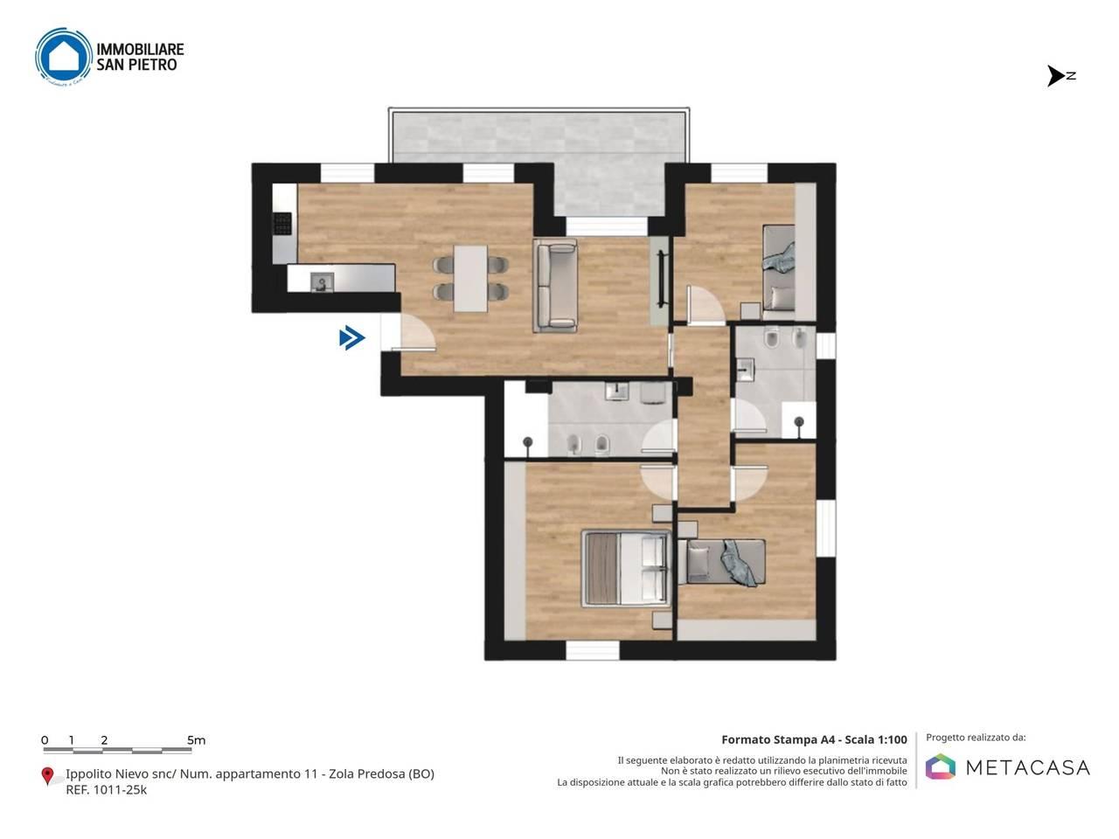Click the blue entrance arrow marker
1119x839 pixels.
tap(351, 337)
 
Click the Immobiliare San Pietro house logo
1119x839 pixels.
tap(63, 56)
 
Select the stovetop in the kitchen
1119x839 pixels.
tap(282, 224)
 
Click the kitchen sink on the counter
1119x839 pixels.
tap(322, 281)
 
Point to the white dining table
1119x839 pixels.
tap(470, 279)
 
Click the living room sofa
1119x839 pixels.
tap(555, 285)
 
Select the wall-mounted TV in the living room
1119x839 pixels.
tap(662, 279)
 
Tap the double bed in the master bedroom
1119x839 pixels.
tap(626, 568)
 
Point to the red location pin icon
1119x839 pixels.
tap(47, 775)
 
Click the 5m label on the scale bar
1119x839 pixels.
tap(196, 739)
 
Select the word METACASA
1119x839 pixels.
tap(1028, 767)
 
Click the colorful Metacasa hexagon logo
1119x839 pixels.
tap(940, 766)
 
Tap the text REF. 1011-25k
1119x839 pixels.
tap(106, 789)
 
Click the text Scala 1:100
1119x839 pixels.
tap(876, 739)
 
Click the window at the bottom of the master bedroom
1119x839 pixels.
tap(593, 650)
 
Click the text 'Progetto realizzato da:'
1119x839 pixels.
tap(976, 738)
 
